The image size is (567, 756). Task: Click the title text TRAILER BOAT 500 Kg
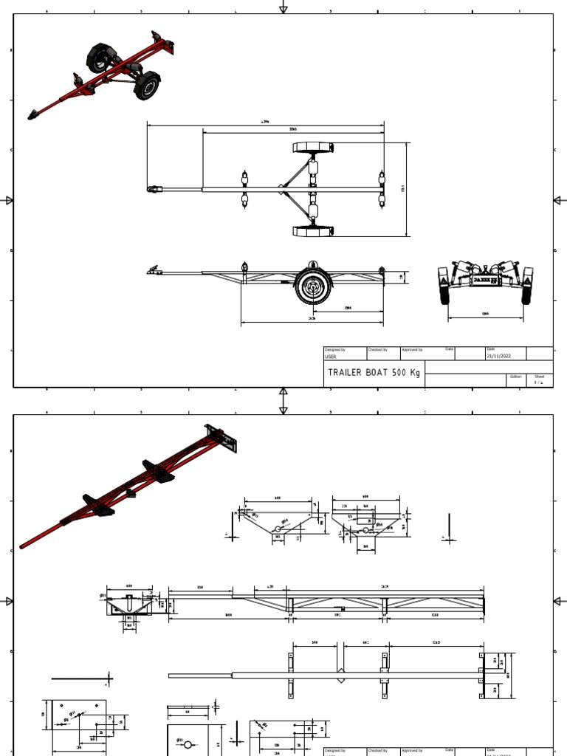374,373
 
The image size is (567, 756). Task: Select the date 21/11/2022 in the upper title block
500,356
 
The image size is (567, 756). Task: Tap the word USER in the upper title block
330,356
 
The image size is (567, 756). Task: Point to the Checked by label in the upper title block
377,349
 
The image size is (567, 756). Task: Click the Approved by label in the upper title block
411,349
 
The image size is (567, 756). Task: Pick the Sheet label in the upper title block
540,376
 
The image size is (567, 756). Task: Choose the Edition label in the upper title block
515,376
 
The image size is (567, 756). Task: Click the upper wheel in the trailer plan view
313,147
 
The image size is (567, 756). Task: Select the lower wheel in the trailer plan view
313,231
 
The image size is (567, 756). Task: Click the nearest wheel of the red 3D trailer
147,86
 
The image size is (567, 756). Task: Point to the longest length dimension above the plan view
265,124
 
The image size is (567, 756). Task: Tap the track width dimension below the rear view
485,315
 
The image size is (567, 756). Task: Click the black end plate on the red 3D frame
221,440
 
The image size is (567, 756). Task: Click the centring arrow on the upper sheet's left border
9,200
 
